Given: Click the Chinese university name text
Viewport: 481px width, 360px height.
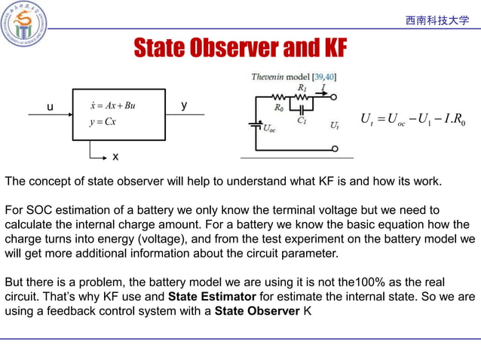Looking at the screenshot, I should click(437, 20).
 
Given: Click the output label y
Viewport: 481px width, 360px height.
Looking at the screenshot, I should click(184, 106).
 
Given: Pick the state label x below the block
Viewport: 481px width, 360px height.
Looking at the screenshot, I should click(115, 157).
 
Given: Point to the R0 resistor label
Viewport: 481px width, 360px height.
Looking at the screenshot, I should click(279, 108).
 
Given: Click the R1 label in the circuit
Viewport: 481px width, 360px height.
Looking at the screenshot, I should click(302, 88).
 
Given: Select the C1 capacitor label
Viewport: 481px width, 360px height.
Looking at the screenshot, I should click(302, 119).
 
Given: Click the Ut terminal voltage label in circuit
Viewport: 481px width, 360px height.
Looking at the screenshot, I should click(334, 126).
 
